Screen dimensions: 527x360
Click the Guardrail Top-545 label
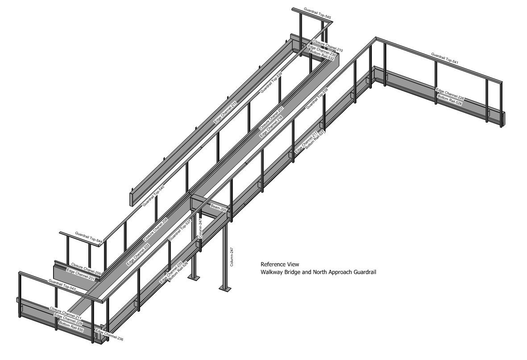(317, 13)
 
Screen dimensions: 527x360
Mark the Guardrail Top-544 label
(89, 237)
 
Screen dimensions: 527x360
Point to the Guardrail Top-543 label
(62, 285)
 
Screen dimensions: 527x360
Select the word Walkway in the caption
(272, 272)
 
